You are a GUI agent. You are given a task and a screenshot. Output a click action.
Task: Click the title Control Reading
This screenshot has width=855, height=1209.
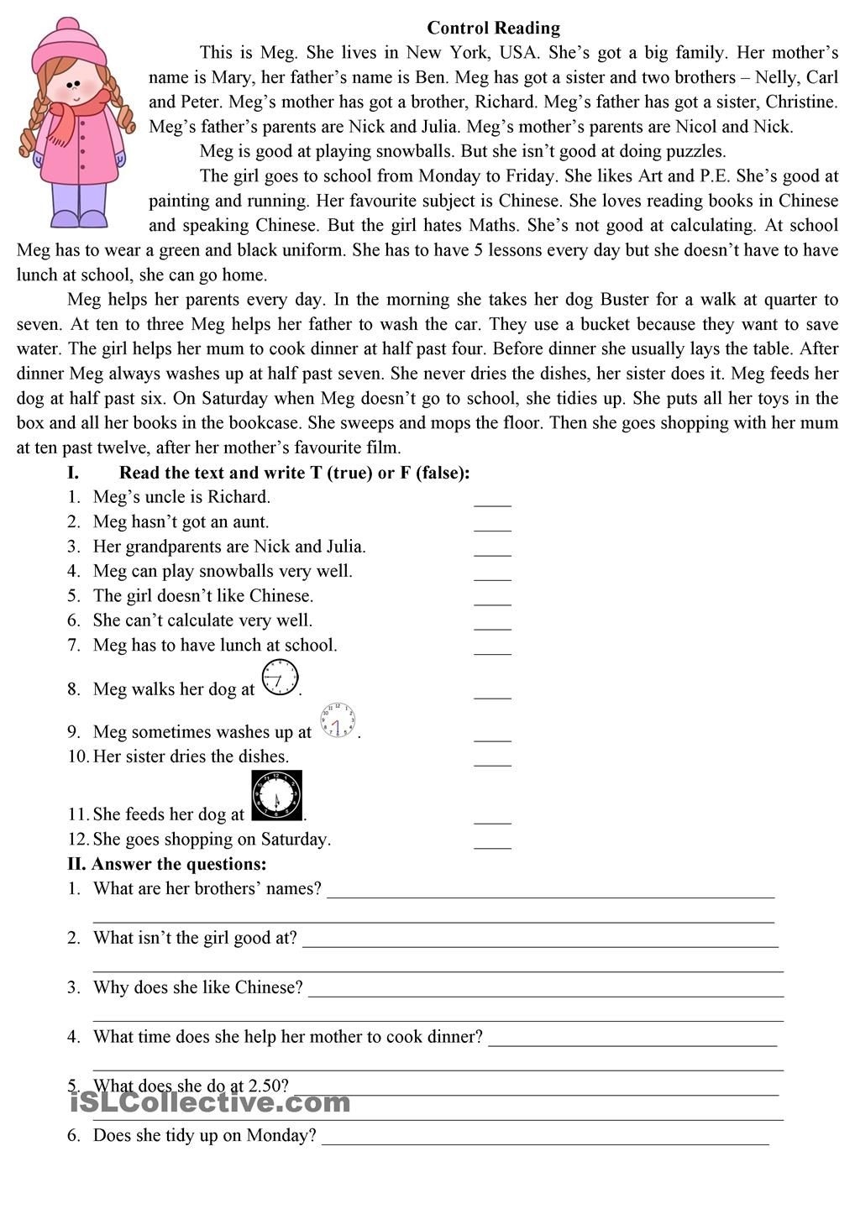[x=493, y=28]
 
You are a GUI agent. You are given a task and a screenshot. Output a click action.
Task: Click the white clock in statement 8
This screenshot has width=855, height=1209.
[x=280, y=678]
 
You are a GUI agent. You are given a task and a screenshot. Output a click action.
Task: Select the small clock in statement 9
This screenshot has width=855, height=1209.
[x=338, y=721]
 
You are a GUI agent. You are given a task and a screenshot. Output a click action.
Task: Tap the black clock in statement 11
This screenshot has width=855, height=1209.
[x=277, y=795]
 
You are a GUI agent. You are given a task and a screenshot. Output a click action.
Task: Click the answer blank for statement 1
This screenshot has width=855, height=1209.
[x=492, y=502]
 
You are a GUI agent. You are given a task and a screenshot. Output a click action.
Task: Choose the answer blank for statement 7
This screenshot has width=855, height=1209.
[x=492, y=650]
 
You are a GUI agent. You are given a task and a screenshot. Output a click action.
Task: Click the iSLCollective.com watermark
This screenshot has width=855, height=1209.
[x=210, y=1102]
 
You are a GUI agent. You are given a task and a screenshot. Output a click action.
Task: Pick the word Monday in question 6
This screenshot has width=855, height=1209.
[x=281, y=1135]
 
